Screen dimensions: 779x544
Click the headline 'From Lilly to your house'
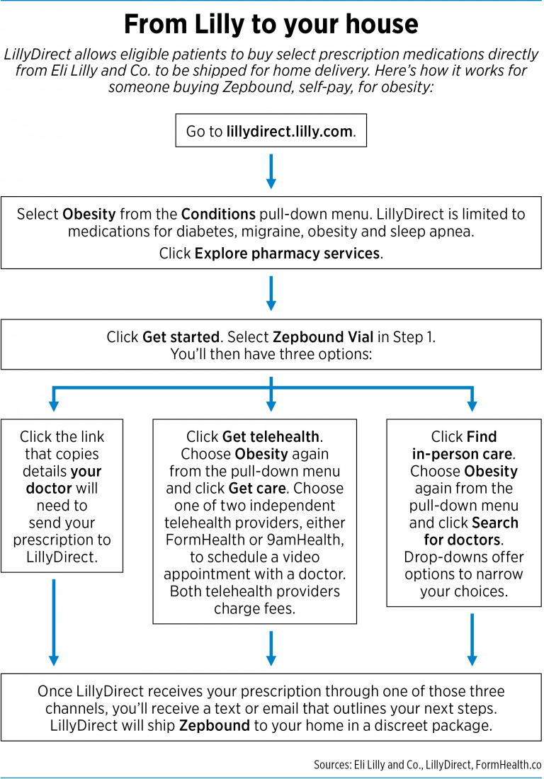pyautogui.click(x=271, y=25)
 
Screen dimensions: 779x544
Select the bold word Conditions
pyautogui.click(x=216, y=215)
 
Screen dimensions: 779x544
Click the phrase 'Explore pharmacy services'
pyautogui.click(x=287, y=254)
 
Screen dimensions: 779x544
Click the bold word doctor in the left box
pyautogui.click(x=50, y=489)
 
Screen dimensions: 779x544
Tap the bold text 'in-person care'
pyautogui.click(x=464, y=454)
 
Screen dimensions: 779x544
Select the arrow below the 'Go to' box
pyautogui.click(x=271, y=171)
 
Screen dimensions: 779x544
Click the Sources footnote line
pyautogui.click(x=427, y=765)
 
